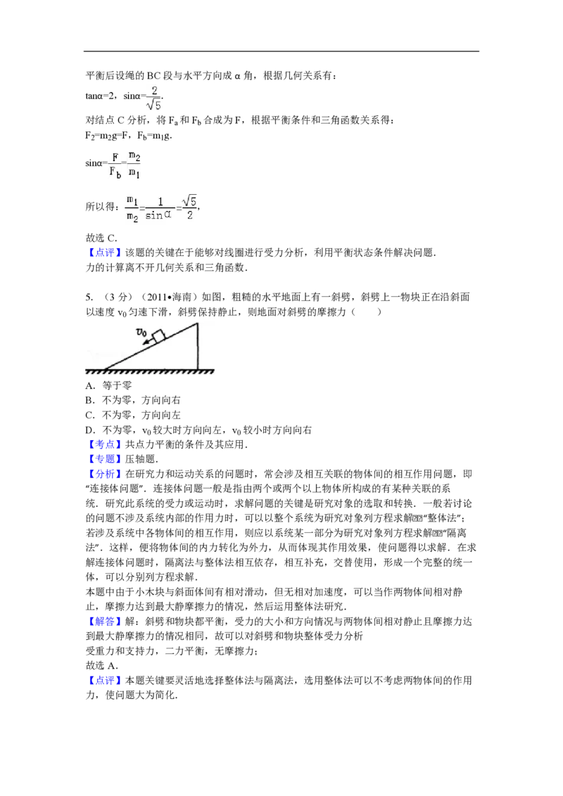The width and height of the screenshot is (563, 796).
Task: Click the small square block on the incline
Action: pyautogui.click(x=159, y=335)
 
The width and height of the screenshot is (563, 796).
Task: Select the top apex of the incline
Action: pyautogui.click(x=197, y=323)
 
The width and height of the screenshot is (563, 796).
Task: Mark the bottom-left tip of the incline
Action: pyautogui.click(x=104, y=368)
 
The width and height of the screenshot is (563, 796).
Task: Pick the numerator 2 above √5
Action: pyautogui.click(x=153, y=90)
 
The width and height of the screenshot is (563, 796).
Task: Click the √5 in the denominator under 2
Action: pyautogui.click(x=153, y=105)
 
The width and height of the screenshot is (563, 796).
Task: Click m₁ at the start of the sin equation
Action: pyautogui.click(x=131, y=201)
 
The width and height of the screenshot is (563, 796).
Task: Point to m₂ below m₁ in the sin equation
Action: pyautogui.click(x=131, y=217)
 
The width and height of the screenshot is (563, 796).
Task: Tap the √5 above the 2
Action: pyautogui.click(x=189, y=202)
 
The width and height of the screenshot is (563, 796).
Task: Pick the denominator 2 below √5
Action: pyautogui.click(x=190, y=216)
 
